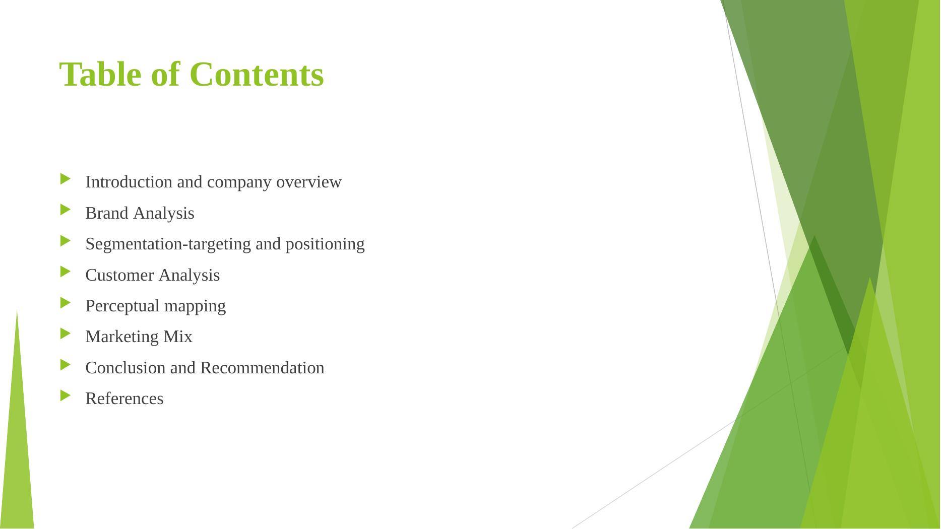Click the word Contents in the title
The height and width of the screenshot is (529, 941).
257,75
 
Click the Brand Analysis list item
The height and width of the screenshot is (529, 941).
140,213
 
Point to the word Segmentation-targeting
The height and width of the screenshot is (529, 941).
168,244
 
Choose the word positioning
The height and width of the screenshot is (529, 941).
325,244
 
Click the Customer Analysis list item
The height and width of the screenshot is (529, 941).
152,275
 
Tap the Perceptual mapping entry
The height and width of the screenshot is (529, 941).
155,306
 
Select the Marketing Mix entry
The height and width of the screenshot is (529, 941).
139,337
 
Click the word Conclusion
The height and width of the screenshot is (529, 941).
126,368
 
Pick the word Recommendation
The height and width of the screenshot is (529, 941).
262,368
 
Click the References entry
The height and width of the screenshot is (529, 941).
124,399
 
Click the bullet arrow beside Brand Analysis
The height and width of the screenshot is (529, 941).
66,210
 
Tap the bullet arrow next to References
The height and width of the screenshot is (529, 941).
66,395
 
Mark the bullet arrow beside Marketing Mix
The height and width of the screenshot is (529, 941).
66,333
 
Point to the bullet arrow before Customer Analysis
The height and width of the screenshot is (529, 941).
66,272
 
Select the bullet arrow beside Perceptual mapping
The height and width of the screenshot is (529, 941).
66,302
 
